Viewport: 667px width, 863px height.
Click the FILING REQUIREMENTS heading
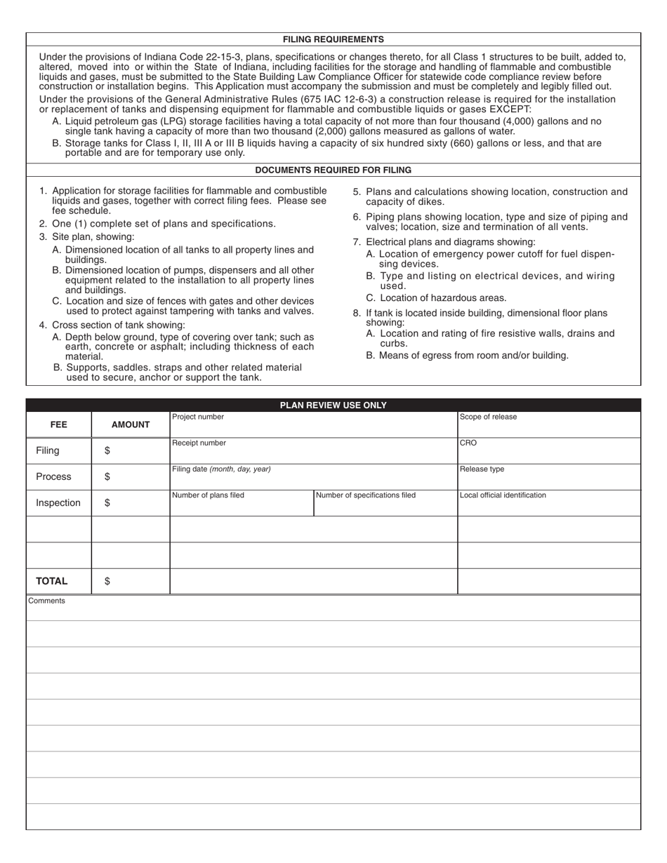tap(333, 39)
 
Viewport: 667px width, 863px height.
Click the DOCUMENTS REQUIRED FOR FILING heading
tap(333, 170)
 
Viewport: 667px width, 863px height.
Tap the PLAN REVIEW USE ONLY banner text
tap(333, 406)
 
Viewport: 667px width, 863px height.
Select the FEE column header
tap(59, 424)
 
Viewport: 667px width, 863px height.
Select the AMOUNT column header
tap(131, 424)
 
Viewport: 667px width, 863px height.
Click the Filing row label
tap(48, 450)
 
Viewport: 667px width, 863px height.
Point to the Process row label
tap(53, 476)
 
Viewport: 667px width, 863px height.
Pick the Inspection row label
tap(58, 502)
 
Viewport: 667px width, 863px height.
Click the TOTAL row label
tap(52, 581)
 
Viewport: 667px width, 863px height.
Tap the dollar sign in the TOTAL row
tap(107, 581)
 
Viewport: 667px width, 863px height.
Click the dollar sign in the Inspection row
tap(107, 502)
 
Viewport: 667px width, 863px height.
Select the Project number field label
tap(198, 417)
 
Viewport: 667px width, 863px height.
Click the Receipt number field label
tap(199, 443)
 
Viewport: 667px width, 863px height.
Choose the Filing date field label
tap(221, 469)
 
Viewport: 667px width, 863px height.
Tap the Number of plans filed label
tap(209, 495)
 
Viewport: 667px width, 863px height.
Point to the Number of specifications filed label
tap(366, 495)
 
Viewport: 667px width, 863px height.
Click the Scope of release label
tap(488, 417)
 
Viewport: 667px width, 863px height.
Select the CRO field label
tap(468, 443)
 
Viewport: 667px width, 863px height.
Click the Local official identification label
tap(503, 495)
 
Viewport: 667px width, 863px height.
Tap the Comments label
tap(47, 601)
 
